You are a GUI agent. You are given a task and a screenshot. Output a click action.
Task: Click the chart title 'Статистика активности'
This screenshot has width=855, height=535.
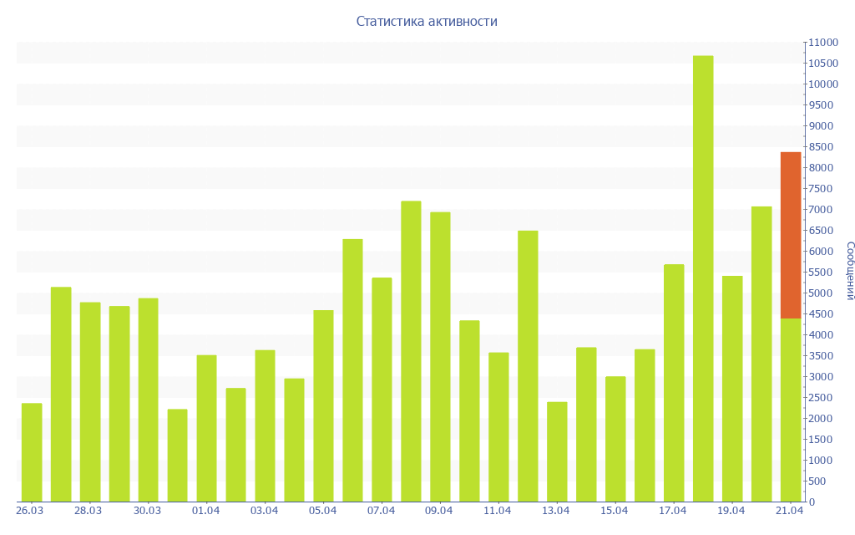pyautogui.click(x=427, y=22)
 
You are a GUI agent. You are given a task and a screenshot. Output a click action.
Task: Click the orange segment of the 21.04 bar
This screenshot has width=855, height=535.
pyautogui.click(x=791, y=235)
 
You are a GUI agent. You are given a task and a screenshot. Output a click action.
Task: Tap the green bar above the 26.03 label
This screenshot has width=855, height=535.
pyautogui.click(x=32, y=452)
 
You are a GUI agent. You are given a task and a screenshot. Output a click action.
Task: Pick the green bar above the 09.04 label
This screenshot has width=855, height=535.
pyautogui.click(x=440, y=357)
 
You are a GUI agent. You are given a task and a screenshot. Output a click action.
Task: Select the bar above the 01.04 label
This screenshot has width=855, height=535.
pyautogui.click(x=206, y=428)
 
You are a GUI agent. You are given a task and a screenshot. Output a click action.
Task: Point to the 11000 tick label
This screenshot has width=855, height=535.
pyautogui.click(x=823, y=43)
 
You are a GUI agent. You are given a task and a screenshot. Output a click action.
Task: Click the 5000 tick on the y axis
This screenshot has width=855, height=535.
pyautogui.click(x=821, y=293)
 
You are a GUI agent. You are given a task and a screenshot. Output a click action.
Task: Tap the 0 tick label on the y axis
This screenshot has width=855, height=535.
pyautogui.click(x=812, y=502)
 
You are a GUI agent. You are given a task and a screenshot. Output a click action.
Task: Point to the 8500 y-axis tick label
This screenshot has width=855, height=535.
pyautogui.click(x=821, y=147)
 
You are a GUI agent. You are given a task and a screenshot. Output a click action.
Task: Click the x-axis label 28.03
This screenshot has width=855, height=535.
pyautogui.click(x=88, y=511)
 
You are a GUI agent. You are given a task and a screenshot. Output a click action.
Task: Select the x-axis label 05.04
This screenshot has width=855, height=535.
pyautogui.click(x=322, y=511)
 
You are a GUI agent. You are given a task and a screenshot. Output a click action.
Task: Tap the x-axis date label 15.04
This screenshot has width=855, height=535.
pyautogui.click(x=614, y=511)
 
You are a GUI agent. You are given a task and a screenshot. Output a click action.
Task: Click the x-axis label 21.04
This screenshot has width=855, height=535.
pyautogui.click(x=789, y=511)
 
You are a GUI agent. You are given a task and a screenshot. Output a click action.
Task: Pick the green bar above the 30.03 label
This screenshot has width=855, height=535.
pyautogui.click(x=148, y=400)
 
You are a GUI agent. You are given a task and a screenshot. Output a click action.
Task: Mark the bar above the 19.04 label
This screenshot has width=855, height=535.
pyautogui.click(x=732, y=389)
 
